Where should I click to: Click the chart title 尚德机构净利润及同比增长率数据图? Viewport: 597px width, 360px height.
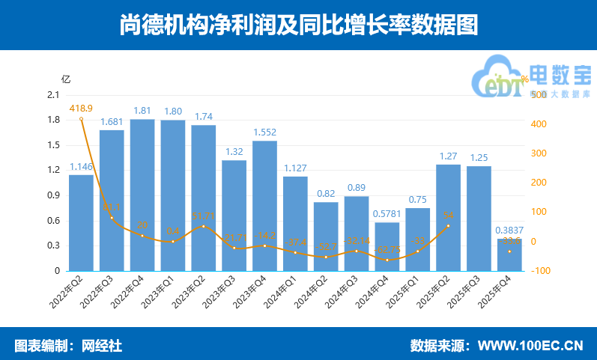point(298,25)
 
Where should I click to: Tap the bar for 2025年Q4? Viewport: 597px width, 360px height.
point(509,256)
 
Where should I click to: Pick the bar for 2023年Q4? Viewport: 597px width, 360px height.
point(264,206)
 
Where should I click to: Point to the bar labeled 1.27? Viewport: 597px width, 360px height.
point(448,217)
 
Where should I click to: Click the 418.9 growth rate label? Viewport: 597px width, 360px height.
point(81,109)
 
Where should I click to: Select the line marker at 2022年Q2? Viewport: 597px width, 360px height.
point(81,118)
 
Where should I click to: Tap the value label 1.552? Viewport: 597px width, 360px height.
point(264,132)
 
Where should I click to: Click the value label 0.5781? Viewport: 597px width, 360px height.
point(387,214)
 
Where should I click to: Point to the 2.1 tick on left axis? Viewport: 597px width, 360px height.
point(52,95)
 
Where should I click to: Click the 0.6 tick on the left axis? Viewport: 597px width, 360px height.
point(52,220)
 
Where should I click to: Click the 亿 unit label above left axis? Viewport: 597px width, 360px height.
point(65,79)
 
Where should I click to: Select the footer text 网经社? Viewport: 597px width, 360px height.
point(101,346)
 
